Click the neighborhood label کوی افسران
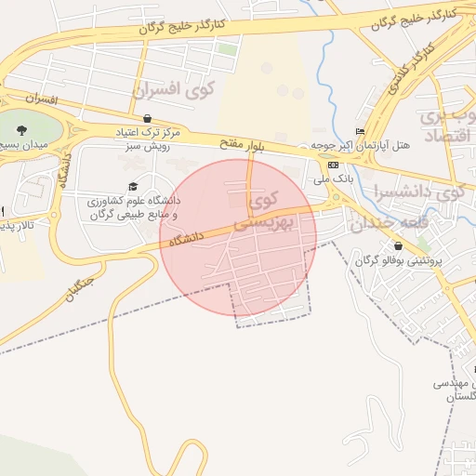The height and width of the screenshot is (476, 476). click(x=174, y=90)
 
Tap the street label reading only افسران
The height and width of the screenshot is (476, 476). click(x=42, y=98)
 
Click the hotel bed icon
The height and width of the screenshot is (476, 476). click(x=361, y=132)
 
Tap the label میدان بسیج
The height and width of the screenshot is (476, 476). click(x=20, y=146)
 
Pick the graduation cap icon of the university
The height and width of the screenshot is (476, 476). click(x=132, y=186)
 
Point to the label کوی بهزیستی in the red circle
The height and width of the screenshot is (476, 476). click(x=263, y=211)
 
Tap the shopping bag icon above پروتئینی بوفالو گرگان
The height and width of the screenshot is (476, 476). click(x=398, y=246)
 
